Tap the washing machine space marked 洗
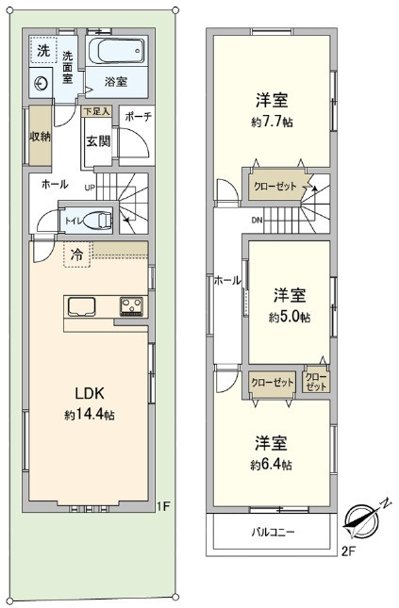pyautogui.click(x=43, y=51)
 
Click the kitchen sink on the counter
pyautogui.click(x=80, y=307)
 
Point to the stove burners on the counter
pyautogui.click(x=130, y=307)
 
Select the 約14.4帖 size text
pyautogui.click(x=90, y=415)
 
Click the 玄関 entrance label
pyautogui.click(x=98, y=142)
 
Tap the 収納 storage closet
pyautogui.click(x=39, y=138)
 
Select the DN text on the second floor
pyautogui.click(x=257, y=221)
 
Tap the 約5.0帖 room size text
pyautogui.click(x=289, y=317)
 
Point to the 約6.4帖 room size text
pyautogui.click(x=271, y=465)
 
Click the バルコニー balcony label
pyautogui.click(x=274, y=533)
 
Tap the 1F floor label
pyautogui.click(x=162, y=507)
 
